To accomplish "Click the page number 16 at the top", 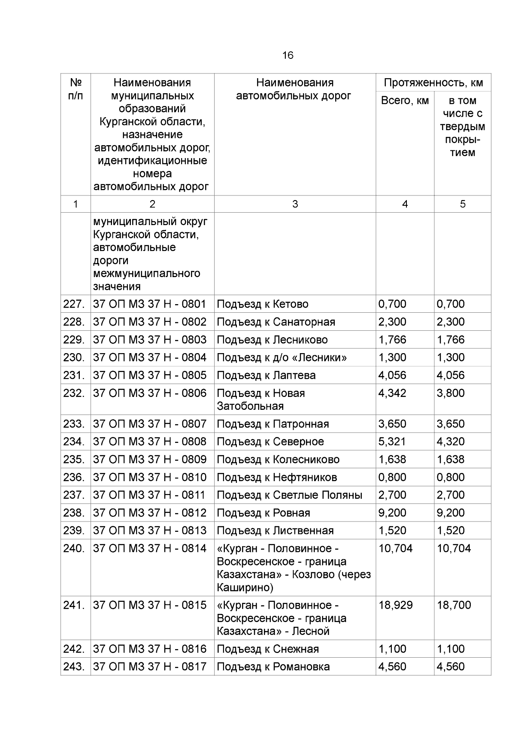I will [x=288, y=55].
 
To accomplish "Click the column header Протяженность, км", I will [x=433, y=82].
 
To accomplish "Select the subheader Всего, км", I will [x=405, y=101].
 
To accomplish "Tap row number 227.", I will [x=73, y=304].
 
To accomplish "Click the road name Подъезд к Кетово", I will [x=262, y=304].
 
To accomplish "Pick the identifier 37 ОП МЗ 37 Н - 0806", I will [x=150, y=393].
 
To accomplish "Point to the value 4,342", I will [x=392, y=393].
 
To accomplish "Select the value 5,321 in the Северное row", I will [x=392, y=442].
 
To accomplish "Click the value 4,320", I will [x=451, y=442].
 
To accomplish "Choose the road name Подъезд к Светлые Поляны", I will [x=289, y=495].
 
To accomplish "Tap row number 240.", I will [x=73, y=549].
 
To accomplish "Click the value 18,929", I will [x=395, y=605].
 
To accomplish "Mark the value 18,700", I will [x=454, y=605].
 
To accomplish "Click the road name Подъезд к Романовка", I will [x=273, y=667].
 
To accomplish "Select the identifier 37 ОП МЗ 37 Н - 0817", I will [x=150, y=667].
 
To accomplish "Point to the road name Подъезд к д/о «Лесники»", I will [x=282, y=357].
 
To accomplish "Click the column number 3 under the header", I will [x=295, y=204].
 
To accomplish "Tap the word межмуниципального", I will [x=146, y=274].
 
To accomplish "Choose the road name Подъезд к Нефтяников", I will [x=277, y=477].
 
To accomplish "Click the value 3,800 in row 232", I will [x=451, y=393].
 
